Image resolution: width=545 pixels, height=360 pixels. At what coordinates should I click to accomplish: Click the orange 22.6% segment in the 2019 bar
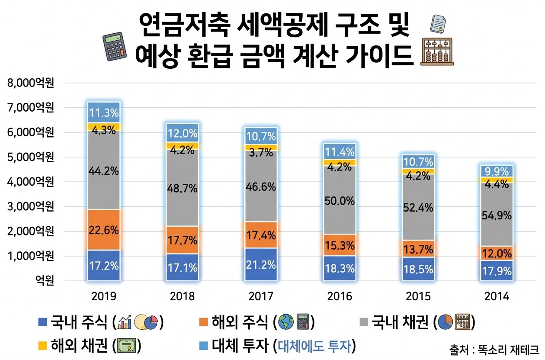tap(103, 230)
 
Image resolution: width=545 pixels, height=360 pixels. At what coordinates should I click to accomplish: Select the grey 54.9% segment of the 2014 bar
tap(497, 215)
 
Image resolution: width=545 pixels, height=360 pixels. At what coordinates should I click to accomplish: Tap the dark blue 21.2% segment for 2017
tap(261, 264)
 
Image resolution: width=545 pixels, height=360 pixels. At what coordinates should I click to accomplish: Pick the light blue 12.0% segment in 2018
tap(182, 133)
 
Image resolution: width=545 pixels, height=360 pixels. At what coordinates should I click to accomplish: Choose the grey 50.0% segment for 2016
tap(340, 200)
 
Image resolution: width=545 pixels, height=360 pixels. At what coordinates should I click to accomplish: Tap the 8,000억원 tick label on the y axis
tap(31, 83)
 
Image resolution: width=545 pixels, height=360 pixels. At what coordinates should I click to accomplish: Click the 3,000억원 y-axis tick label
tap(31, 206)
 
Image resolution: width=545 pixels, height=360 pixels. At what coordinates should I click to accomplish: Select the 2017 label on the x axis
tap(261, 296)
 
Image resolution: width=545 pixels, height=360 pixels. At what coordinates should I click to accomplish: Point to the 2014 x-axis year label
tap(497, 296)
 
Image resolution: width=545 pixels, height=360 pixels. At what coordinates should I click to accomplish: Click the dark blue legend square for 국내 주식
tap(42, 322)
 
